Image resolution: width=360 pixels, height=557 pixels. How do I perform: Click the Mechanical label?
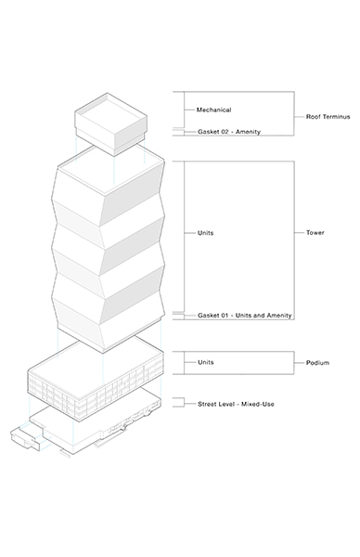point(212,110)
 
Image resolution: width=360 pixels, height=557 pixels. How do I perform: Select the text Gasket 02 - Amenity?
point(228,132)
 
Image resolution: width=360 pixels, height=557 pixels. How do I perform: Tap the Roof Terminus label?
point(328,118)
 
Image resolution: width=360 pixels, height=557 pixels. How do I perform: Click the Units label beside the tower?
point(206,232)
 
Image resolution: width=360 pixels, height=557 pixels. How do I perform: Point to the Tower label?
point(315,232)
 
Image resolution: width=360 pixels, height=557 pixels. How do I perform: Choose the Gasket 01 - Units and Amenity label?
point(245,316)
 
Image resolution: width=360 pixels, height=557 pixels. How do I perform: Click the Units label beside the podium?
point(206,362)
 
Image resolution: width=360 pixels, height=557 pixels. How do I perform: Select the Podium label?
point(317,363)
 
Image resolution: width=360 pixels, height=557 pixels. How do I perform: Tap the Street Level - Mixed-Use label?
point(236,404)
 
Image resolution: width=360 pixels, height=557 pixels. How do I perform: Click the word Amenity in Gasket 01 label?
point(278,316)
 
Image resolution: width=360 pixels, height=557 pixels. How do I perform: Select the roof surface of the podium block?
point(93,357)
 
